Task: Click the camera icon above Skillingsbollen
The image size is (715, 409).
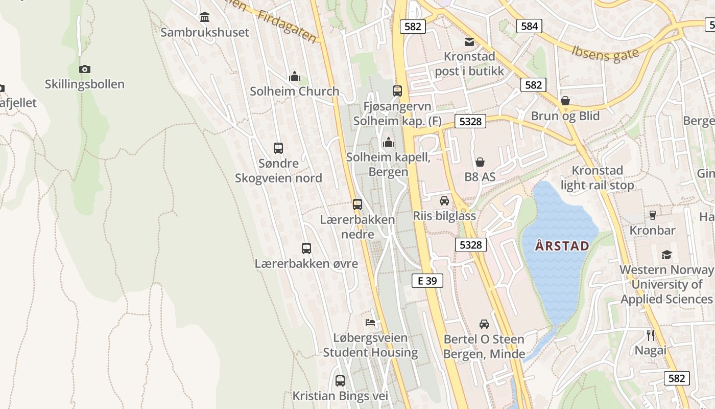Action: click(x=85, y=69)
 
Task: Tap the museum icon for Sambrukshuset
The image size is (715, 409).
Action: click(x=205, y=17)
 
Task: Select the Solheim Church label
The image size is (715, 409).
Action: click(x=294, y=92)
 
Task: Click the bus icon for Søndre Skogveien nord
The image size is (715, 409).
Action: click(x=278, y=148)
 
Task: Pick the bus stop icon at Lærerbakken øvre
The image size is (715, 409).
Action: click(x=306, y=248)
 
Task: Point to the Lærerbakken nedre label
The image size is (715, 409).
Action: click(x=357, y=227)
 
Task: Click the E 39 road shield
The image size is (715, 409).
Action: click(x=427, y=280)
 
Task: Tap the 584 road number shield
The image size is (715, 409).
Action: click(x=529, y=26)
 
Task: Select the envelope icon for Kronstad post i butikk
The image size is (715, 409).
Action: click(x=469, y=42)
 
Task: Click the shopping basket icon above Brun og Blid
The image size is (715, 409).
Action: click(x=565, y=101)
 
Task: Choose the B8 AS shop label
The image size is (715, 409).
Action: click(x=480, y=177)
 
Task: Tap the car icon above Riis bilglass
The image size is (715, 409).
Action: click(x=444, y=201)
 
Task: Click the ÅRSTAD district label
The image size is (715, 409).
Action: click(x=562, y=246)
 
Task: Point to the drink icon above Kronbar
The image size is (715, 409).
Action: click(x=652, y=215)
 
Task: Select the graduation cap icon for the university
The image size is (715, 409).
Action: click(x=666, y=255)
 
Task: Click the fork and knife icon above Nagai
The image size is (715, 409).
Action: click(x=651, y=335)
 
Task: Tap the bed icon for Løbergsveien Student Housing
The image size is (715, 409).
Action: click(x=370, y=323)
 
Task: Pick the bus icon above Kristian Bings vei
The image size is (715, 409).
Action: click(x=340, y=381)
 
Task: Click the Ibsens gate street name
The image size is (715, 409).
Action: click(x=605, y=53)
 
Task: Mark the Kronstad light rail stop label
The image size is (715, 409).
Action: click(x=597, y=178)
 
